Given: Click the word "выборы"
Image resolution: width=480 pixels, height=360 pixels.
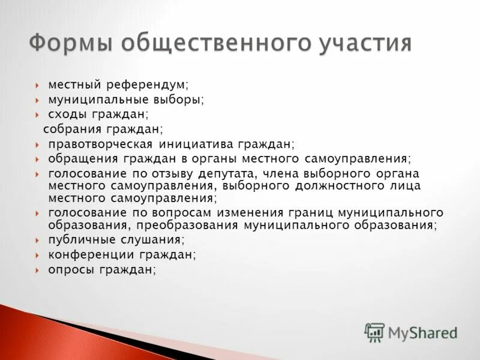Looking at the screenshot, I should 179,100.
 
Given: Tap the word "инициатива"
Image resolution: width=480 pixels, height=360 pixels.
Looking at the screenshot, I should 196,145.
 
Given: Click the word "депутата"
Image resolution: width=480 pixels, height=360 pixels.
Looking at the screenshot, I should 229,173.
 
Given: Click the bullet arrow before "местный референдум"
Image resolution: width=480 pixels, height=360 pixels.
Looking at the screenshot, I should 37,86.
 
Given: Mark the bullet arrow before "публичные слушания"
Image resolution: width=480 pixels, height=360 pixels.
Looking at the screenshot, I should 37,240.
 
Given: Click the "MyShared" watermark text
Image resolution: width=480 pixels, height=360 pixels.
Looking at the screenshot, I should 423,332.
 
